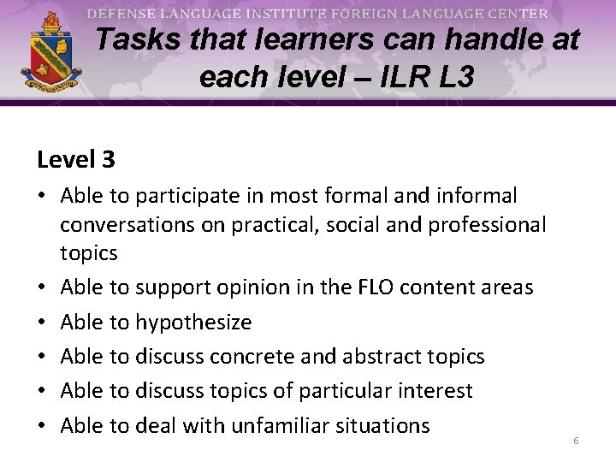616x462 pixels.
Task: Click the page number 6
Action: pyautogui.click(x=576, y=440)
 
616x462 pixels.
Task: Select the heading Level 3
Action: pyautogui.click(x=76, y=159)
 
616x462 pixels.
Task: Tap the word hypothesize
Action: pyautogui.click(x=193, y=323)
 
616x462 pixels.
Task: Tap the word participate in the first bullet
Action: pyautogui.click(x=199, y=196)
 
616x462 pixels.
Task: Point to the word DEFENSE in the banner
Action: pyautogui.click(x=121, y=14)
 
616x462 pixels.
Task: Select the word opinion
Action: pyautogui.click(x=250, y=287)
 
